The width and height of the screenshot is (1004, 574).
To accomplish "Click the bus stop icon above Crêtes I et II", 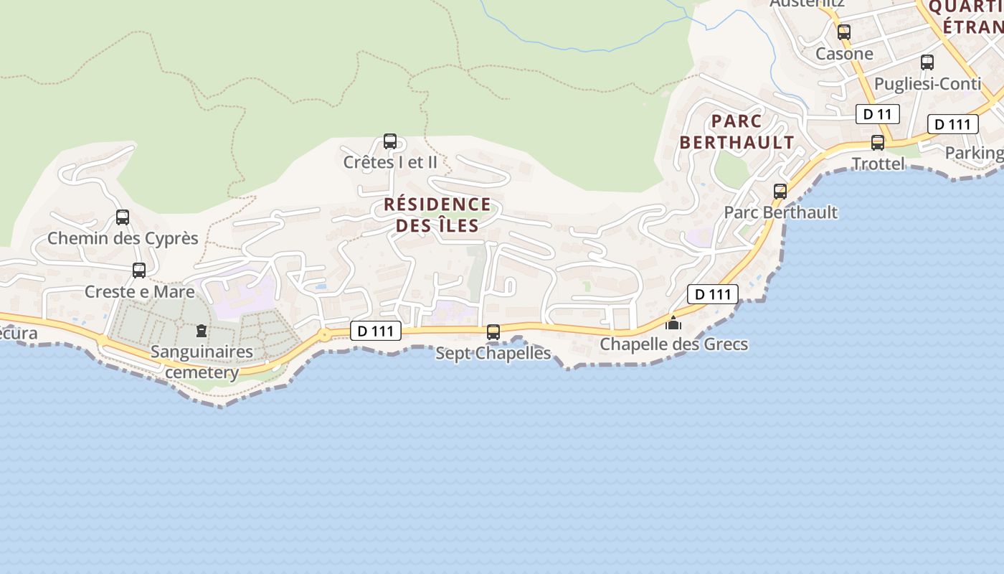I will click(x=390, y=141).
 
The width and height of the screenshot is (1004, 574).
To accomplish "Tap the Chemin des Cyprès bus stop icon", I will click(x=123, y=217).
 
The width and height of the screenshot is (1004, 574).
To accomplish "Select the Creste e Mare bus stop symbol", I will click(x=139, y=270).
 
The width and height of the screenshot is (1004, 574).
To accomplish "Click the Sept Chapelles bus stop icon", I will click(x=493, y=332).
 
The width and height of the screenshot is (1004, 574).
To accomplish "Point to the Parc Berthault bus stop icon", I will click(x=780, y=192).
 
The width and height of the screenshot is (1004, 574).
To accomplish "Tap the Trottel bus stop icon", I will click(x=878, y=143).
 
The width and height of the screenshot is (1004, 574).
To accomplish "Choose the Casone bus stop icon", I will click(x=844, y=32).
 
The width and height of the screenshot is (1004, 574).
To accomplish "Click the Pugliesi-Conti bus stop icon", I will click(x=927, y=62).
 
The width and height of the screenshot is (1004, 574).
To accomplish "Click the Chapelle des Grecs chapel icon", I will click(x=673, y=323).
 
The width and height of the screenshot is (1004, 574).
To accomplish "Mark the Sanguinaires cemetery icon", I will click(x=201, y=331).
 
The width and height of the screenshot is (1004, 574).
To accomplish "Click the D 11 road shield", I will click(x=878, y=114).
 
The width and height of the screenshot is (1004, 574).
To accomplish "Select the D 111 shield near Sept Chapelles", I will click(x=376, y=331).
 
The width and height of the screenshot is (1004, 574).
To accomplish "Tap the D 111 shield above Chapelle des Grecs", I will click(x=713, y=293).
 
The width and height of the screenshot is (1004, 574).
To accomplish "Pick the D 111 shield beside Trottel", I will click(x=953, y=124).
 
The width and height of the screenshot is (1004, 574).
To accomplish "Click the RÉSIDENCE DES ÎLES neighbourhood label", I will click(x=437, y=215).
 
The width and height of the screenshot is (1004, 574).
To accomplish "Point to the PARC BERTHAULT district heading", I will click(x=737, y=131).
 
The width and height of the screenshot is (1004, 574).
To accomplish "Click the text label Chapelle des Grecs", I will click(x=673, y=344).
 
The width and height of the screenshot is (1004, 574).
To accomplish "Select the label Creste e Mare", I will click(x=139, y=292).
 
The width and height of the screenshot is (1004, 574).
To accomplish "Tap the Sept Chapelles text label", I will click(x=493, y=353).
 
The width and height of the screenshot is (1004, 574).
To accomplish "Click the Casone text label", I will click(x=844, y=54).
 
